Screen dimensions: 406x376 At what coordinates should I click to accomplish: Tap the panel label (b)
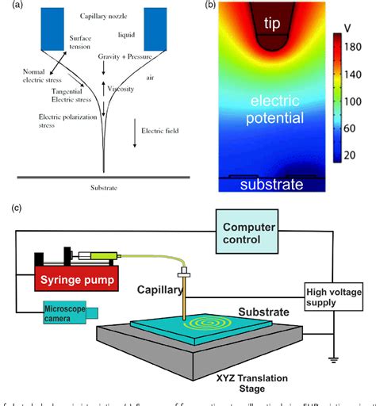coord(210,6)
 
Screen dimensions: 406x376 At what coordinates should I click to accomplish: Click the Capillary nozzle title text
coord(107,15)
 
